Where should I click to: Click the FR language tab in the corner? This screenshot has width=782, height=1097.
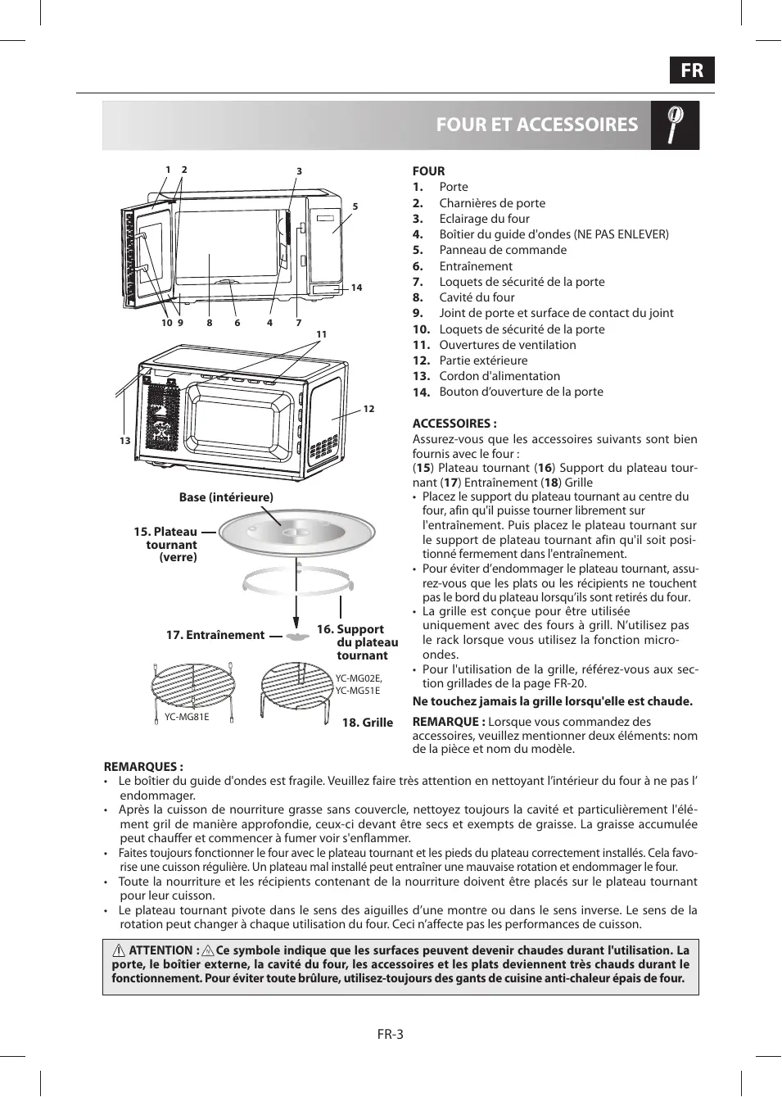coord(692,70)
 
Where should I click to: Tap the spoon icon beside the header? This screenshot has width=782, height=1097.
coord(675,125)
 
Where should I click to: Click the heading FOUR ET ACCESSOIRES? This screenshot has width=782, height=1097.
coord(536,125)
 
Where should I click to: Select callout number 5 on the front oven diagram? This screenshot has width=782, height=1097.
coord(355,206)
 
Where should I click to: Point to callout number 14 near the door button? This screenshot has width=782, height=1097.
coord(356,288)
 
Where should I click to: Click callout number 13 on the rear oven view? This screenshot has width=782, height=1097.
coord(124,441)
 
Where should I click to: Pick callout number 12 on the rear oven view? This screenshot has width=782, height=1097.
coord(368,409)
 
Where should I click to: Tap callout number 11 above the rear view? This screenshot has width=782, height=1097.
coord(321,334)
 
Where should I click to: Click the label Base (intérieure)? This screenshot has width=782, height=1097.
coord(226,497)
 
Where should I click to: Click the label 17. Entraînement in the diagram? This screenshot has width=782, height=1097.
coord(215,635)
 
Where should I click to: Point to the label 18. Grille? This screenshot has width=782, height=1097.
coord(367,723)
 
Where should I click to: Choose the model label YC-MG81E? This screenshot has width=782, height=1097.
coord(187,717)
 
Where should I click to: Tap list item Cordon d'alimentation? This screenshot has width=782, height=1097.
coord(499,376)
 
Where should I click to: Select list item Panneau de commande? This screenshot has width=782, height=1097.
coord(503,250)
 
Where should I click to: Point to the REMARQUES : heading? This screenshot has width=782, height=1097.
coord(143,767)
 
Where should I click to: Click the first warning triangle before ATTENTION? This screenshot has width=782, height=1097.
coord(119,951)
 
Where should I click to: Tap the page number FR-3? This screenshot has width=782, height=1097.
coord(391,1034)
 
